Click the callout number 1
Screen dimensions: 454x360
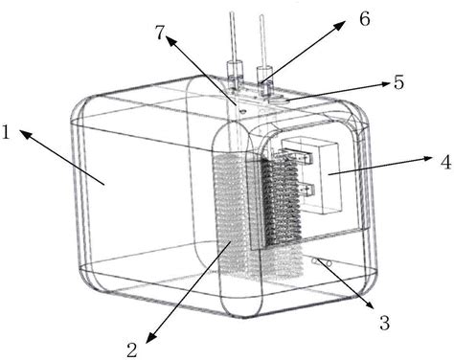(6, 132)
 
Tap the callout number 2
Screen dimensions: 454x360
(132, 350)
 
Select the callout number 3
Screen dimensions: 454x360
(385, 323)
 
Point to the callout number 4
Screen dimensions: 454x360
(445, 162)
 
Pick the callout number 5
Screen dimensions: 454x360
(398, 82)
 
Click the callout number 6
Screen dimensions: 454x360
(365, 19)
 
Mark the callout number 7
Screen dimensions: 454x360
(160, 33)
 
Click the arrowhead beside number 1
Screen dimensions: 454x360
(26, 134)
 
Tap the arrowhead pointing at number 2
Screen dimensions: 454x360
(151, 337)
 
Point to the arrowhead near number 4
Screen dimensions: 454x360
(427, 159)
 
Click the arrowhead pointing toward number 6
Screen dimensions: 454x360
(340, 25)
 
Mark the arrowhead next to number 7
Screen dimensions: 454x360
(170, 40)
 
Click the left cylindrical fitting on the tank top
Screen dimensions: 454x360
(235, 75)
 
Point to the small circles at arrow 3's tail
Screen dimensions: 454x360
(322, 262)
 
